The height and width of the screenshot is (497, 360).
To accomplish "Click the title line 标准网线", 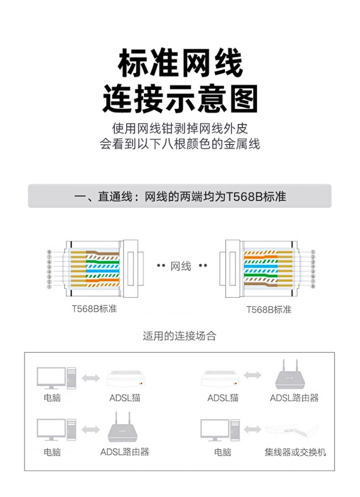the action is coord(180,63).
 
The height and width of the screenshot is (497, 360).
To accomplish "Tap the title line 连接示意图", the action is coord(180,98).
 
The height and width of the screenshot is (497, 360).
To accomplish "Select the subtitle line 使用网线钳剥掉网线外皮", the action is coord(180,128).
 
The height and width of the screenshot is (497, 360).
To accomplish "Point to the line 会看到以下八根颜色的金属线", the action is coord(180,144).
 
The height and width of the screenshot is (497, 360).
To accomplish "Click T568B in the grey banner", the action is coord(244,196).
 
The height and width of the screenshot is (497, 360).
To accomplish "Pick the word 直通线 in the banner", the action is coord(115,196).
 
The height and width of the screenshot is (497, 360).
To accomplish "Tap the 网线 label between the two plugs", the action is coord(181,266).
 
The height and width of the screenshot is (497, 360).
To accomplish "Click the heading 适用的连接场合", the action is coord(180,336).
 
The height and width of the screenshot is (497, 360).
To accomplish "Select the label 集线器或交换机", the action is coord(295,452).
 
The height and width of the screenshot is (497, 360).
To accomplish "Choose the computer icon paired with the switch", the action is coord(220,430).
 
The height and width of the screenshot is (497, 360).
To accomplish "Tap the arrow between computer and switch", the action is coord(252,429).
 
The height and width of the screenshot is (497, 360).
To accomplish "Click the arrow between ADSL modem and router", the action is coord(252,376).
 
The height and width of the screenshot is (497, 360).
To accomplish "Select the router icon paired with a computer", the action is coord(123,427).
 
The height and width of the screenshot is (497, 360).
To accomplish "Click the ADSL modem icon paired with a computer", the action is coord(125,378).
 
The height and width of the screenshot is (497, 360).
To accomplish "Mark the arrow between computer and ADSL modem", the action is coord(91,378).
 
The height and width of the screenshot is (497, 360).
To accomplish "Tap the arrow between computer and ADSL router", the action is coord(91,430).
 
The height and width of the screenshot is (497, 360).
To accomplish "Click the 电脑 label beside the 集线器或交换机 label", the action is coord(222,452).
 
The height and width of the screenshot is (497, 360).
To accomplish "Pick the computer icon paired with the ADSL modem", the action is coord(57,378).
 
